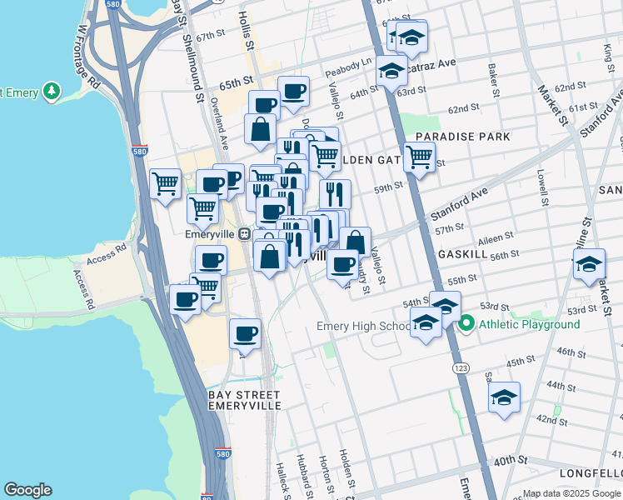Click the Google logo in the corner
[x=27, y=490]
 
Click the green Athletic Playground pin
[x=466, y=323]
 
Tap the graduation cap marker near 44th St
[x=505, y=398]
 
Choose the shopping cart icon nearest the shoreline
[x=166, y=183]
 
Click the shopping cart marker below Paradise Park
[x=419, y=157]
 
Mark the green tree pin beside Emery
[x=52, y=91]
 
